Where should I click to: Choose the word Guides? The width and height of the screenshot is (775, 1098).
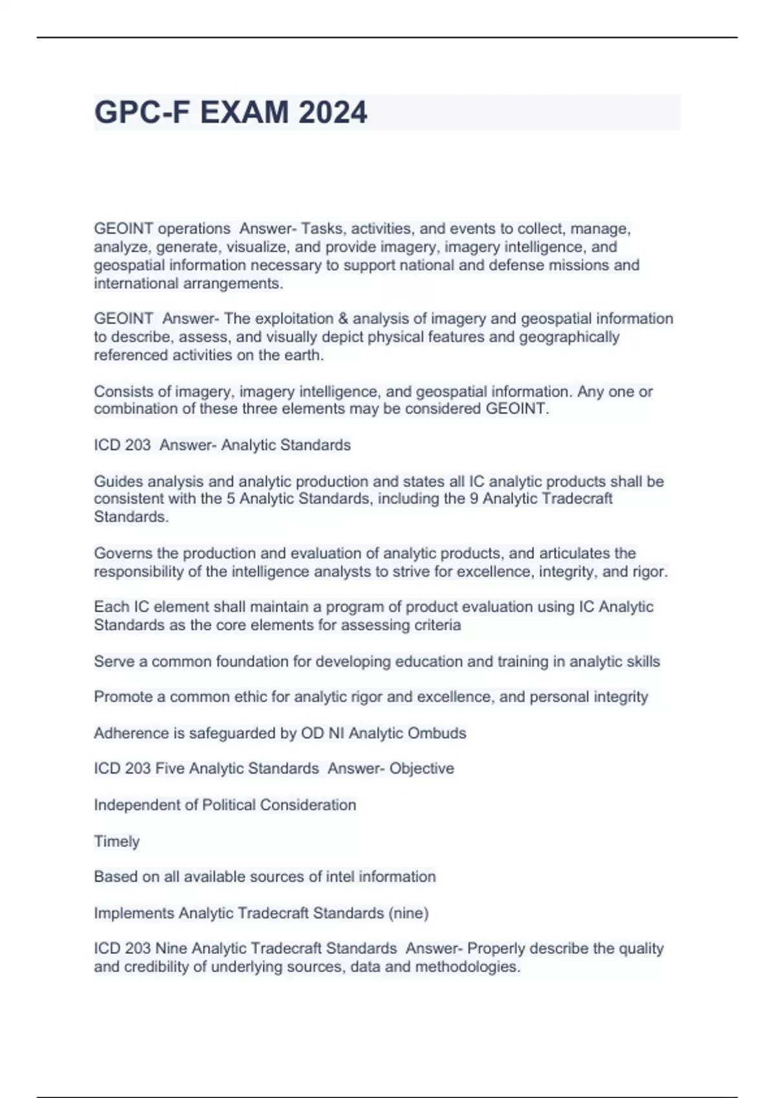tap(118, 482)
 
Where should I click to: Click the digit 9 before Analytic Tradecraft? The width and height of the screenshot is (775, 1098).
tap(473, 499)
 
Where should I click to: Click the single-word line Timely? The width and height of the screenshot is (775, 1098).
tap(117, 842)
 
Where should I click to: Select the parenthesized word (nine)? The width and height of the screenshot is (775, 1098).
tap(408, 913)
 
